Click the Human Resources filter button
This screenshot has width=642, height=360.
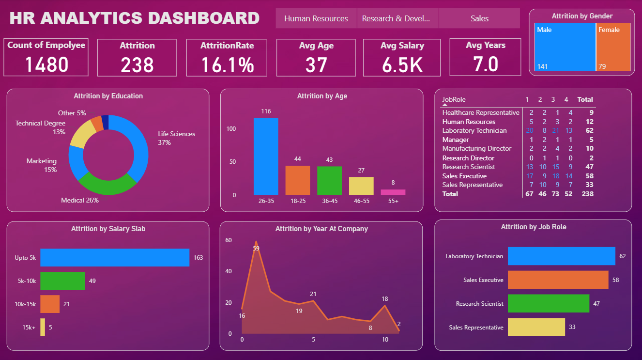pos(316,18)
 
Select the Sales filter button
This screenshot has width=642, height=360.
pos(479,18)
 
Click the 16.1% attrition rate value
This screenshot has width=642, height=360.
pos(227,65)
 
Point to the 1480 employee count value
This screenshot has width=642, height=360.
pos(46,64)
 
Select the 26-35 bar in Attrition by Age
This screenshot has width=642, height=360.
pos(266,156)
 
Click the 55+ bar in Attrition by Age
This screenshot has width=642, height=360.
pos(393,192)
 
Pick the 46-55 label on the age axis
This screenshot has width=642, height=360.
pos(361,201)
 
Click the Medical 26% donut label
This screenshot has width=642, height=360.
pos(80,200)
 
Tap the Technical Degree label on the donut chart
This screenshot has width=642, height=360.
pos(40,124)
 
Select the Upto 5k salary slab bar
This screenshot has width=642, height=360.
pos(114,257)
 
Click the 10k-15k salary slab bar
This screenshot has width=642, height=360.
pos(50,304)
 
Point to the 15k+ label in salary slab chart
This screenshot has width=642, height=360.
pos(29,328)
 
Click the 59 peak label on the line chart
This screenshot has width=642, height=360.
pos(256,248)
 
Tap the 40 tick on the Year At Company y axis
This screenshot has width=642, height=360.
pos(229,271)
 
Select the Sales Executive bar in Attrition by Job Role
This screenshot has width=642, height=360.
pos(558,280)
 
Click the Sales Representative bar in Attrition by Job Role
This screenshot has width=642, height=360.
pos(536,327)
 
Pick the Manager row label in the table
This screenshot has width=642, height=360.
pos(455,140)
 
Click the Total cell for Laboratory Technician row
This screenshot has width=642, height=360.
pos(589,130)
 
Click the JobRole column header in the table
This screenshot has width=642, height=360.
pos(454,99)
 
